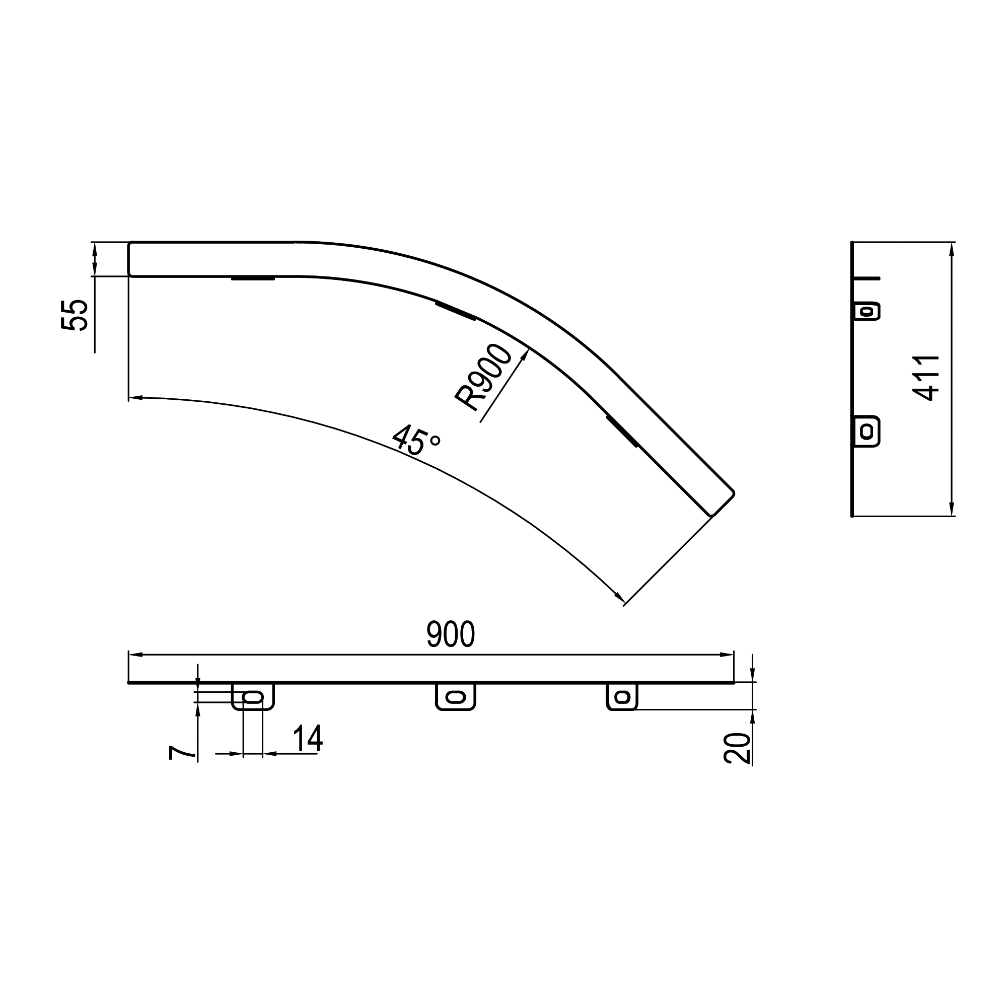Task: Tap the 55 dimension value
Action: (x=74, y=315)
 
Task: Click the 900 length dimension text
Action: (x=450, y=634)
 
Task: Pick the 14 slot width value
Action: (x=308, y=739)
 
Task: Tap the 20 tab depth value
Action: (x=737, y=749)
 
